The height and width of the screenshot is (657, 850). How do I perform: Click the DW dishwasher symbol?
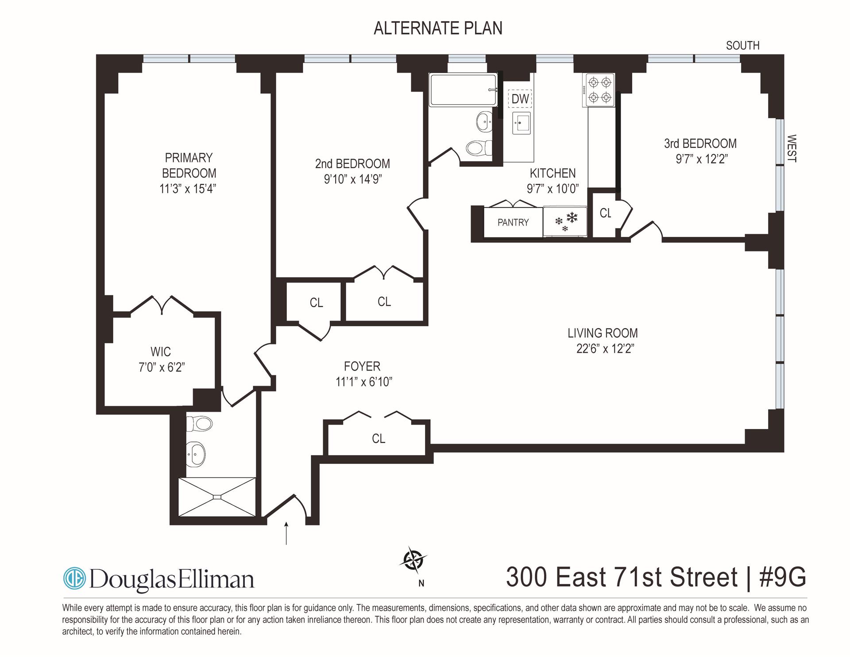520,99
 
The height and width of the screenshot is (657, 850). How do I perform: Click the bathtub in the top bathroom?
463,90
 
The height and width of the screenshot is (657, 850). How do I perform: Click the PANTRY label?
513,222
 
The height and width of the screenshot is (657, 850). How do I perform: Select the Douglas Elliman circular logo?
74,579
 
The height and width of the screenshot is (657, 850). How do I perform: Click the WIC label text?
160,352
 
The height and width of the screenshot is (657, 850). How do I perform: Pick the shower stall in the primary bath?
217,497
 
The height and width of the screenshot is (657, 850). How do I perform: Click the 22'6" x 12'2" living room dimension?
605,349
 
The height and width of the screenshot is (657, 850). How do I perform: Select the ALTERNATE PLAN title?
438,28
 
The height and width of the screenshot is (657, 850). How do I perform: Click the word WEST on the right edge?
792,149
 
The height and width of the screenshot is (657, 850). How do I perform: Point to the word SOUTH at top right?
742,46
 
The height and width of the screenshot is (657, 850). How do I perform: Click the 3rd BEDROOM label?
700,143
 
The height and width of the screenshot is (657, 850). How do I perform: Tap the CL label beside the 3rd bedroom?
605,213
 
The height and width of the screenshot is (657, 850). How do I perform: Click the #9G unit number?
783,577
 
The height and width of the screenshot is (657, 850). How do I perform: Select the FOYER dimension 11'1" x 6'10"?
364,382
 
